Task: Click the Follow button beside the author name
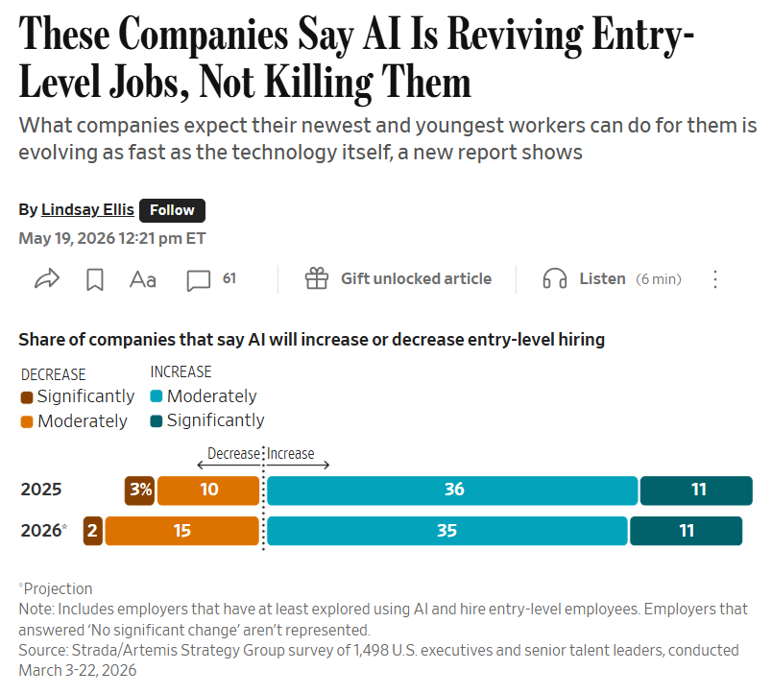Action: click(172, 210)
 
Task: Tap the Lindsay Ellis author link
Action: click(87, 209)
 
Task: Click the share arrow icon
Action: click(47, 279)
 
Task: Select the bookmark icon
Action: click(94, 279)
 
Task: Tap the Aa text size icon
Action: click(143, 279)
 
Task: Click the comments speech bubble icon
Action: click(199, 280)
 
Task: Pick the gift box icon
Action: click(317, 278)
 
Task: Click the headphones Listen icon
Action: click(554, 278)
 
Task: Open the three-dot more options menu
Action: click(715, 279)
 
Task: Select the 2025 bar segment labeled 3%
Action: click(140, 491)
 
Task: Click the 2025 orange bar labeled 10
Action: click(208, 491)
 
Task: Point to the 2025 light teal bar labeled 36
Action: click(452, 491)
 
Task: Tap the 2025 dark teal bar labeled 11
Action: click(696, 491)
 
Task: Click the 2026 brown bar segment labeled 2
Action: click(92, 531)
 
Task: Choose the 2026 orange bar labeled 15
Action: click(182, 531)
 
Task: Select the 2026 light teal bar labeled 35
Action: click(447, 531)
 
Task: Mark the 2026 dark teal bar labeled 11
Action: click(687, 531)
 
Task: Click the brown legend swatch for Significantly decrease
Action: click(27, 397)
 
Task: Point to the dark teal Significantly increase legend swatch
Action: click(157, 421)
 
